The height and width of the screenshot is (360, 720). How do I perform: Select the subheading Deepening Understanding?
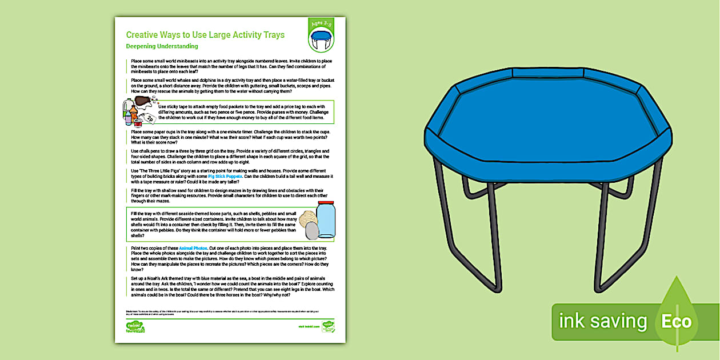[x=162, y=46]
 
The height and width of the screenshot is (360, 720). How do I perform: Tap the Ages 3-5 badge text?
[x=321, y=25]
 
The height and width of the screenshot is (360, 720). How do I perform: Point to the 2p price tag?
[x=149, y=119]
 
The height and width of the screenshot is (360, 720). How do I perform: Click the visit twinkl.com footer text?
[x=307, y=326]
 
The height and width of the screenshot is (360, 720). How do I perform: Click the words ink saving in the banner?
[x=603, y=321]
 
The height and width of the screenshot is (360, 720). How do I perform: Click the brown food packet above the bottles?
[x=142, y=101]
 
